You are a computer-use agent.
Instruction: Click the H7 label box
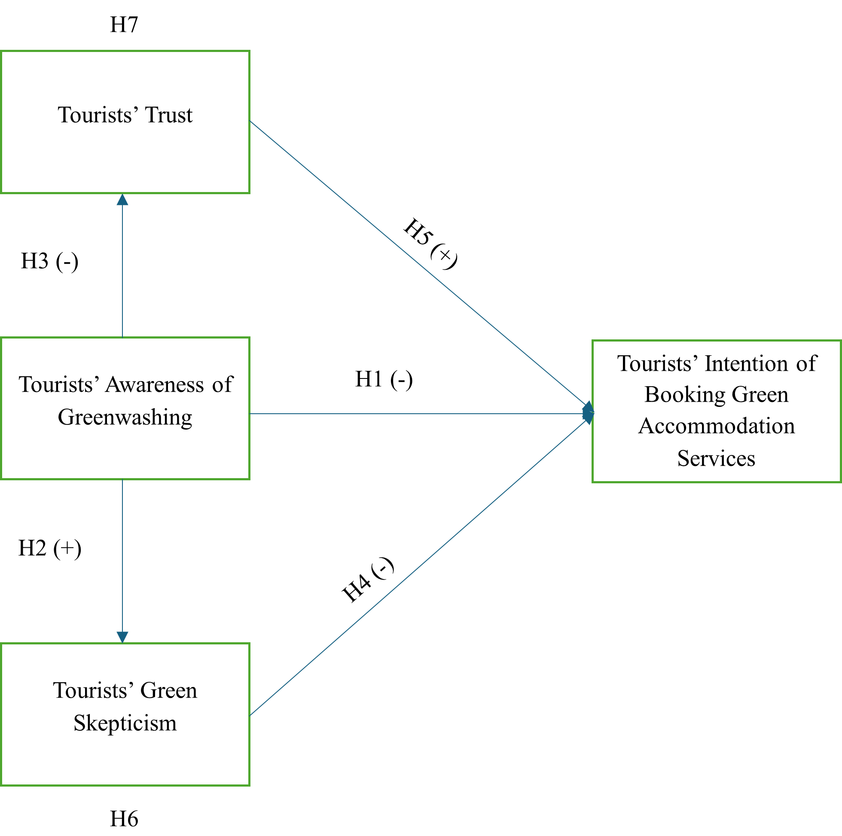pos(124,22)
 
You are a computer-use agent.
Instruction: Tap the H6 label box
pos(124,817)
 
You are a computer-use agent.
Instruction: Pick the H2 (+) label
pos(50,550)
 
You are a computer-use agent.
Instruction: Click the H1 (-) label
pos(384,381)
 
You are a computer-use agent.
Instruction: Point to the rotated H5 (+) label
pos(433,241)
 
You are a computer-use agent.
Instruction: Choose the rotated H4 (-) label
pos(366,575)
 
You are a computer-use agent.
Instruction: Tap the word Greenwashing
pos(125,417)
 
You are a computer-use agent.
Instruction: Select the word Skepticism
pos(125,723)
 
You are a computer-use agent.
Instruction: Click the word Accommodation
pos(717,426)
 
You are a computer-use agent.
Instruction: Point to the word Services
pos(716,458)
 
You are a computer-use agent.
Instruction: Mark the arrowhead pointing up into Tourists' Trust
pos(122,200)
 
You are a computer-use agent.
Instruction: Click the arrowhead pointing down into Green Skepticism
pos(122,637)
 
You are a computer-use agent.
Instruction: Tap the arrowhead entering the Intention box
pos(588,413)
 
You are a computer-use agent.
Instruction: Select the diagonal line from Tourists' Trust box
pos(331,192)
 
